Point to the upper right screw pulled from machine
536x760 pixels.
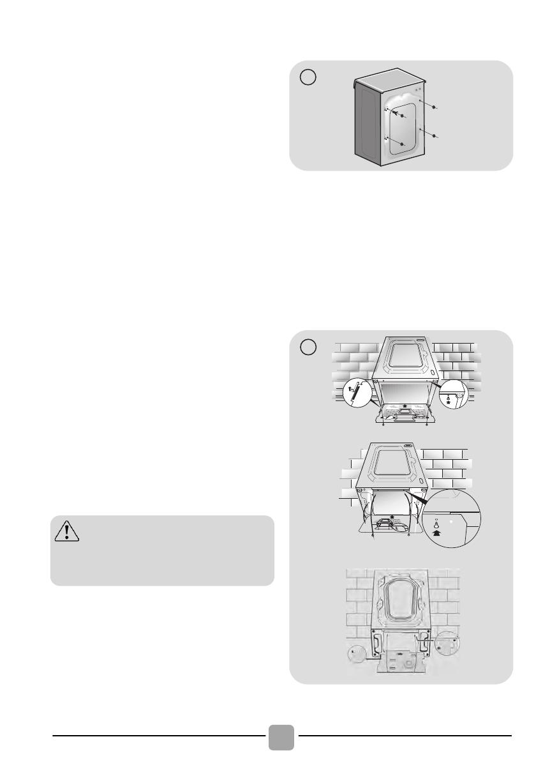[435, 109]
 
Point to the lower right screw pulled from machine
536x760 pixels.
[435, 136]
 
